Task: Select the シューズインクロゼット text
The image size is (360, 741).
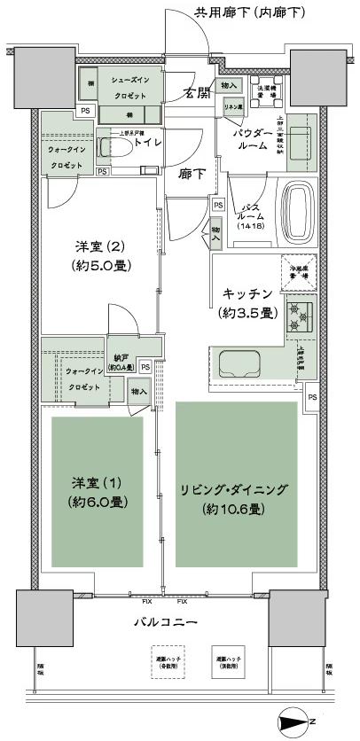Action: point(136,89)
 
